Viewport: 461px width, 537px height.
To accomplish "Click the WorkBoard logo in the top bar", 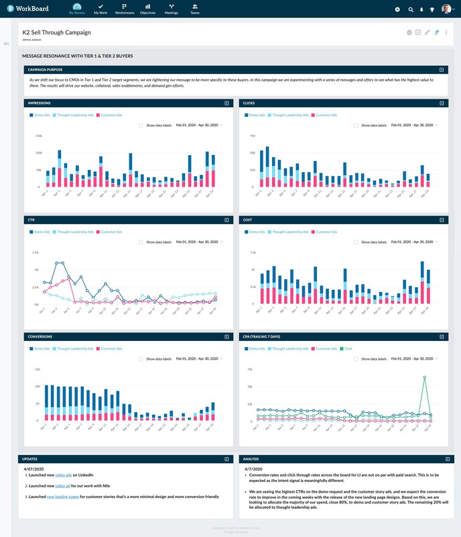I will coord(30,9).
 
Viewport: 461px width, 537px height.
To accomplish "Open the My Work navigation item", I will coord(101,9).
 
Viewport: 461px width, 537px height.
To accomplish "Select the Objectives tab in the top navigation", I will coord(147,9).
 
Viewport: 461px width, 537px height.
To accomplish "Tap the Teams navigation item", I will coord(194,9).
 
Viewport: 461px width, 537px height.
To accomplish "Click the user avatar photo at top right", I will coord(446,9).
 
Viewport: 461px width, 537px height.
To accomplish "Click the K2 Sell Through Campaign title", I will coord(57,32).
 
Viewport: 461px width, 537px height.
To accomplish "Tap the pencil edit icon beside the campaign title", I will coord(427,32).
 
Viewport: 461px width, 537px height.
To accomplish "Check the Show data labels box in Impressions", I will coord(141,125).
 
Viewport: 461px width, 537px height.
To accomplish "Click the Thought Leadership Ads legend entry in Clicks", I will coord(287,115).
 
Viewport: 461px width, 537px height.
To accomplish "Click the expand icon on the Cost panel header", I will coord(441,219).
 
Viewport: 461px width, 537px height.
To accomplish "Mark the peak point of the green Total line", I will coord(423,377).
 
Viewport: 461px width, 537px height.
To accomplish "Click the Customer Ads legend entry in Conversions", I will coord(111,349).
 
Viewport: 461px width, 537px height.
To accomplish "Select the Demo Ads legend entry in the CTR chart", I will coord(40,232).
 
